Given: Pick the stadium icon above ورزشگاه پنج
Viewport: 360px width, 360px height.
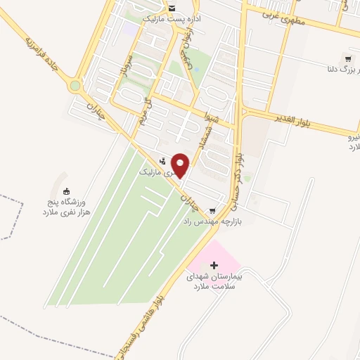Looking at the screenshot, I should point(67,191).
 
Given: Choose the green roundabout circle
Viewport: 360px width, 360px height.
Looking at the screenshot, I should point(75,86).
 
